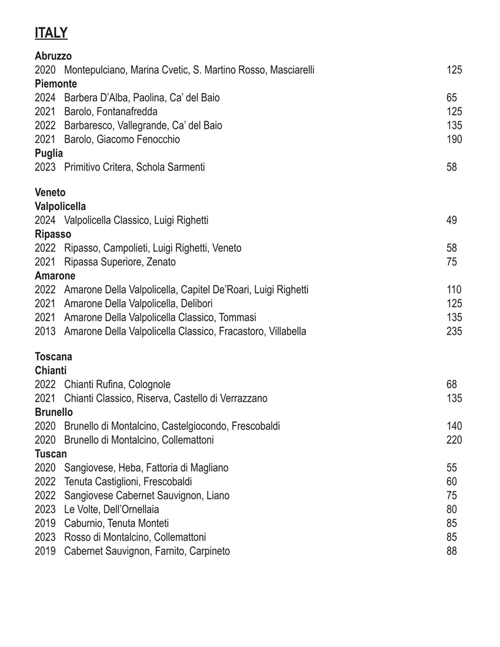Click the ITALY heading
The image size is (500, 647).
pyautogui.click(x=51, y=33)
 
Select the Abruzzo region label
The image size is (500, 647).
pyautogui.click(x=53, y=56)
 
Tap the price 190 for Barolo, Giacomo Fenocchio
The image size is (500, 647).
pyautogui.click(x=454, y=139)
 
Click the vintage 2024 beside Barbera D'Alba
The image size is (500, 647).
pyautogui.click(x=45, y=98)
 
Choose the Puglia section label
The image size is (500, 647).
pyautogui.click(x=49, y=153)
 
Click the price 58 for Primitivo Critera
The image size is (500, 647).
pyautogui.click(x=452, y=167)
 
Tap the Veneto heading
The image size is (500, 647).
pyautogui.click(x=50, y=192)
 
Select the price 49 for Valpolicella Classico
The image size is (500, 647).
pyautogui.click(x=452, y=221)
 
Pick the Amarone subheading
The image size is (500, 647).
pyautogui.click(x=55, y=276)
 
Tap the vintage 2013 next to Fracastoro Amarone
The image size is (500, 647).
pyautogui.click(x=45, y=331)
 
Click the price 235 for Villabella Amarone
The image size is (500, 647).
pyautogui.click(x=454, y=331)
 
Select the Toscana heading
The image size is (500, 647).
pyautogui.click(x=54, y=357)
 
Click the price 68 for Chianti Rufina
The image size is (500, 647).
pyautogui.click(x=452, y=385)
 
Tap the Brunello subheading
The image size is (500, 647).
pyautogui.click(x=54, y=412)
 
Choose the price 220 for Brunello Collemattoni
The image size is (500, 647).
pyautogui.click(x=454, y=440)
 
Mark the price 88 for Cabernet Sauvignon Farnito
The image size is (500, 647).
pyautogui.click(x=452, y=551)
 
